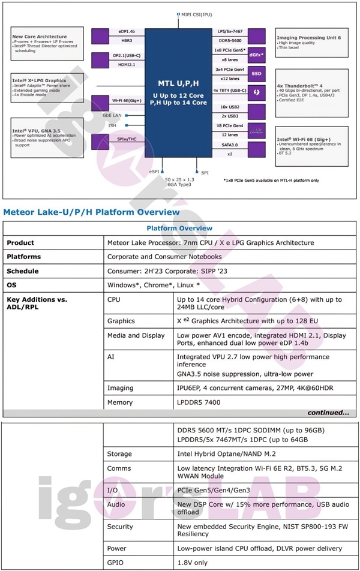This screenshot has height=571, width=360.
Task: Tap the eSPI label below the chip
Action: coord(155,172)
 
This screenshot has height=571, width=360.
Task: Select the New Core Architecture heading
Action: coord(37,37)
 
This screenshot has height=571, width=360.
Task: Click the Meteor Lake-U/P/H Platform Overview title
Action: coord(91,212)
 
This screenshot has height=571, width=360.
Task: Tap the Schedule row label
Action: coord(23,271)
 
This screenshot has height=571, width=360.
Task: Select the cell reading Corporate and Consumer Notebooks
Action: coord(164,257)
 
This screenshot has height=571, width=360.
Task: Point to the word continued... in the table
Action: coord(328,413)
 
